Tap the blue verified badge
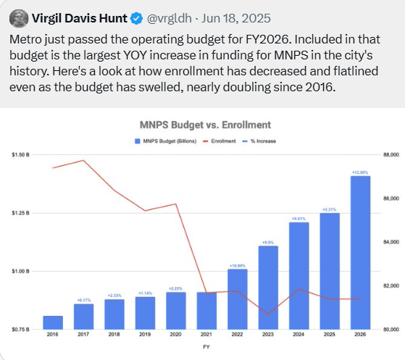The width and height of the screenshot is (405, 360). pos(135,17)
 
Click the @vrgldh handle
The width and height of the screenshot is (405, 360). pos(168,17)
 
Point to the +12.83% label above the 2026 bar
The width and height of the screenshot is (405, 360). pos(360,172)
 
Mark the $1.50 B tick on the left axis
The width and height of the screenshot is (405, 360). pos(20,155)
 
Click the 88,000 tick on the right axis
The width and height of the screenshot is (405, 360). pos(391,155)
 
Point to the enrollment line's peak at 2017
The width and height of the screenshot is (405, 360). pos(83,160)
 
